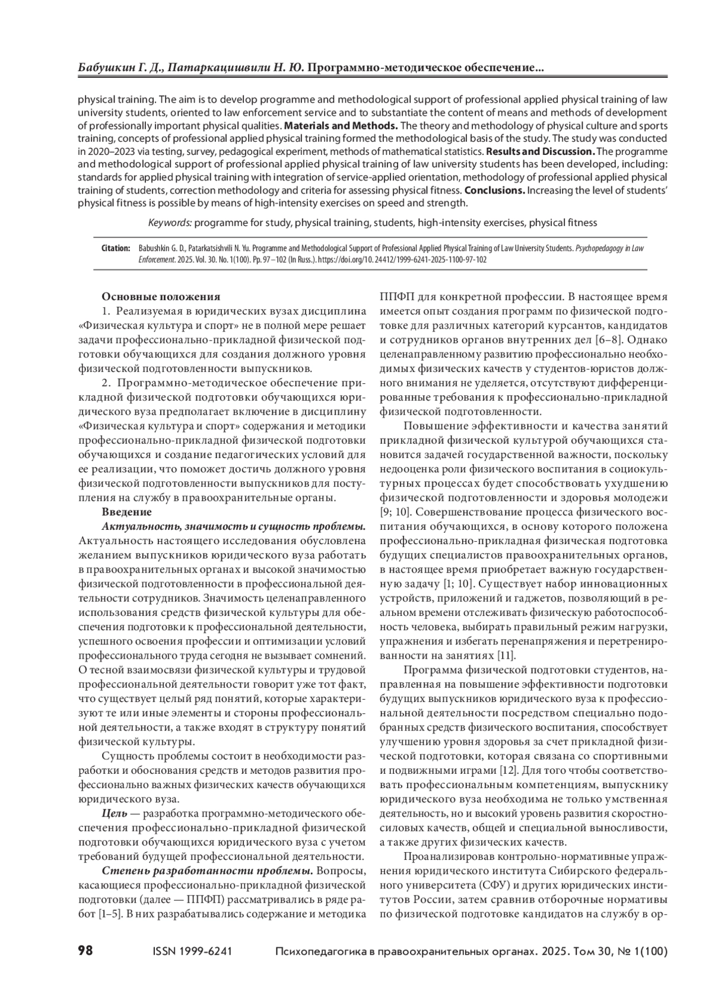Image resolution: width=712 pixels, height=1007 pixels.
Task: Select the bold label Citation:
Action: pos(116,249)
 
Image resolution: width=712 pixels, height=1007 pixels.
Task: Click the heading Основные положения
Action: pos(161,297)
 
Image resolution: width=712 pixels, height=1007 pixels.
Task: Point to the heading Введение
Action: pos(126,512)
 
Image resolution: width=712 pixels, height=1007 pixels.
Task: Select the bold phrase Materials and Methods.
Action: pos(341,126)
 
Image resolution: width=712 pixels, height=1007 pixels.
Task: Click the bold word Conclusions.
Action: pos(494,190)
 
